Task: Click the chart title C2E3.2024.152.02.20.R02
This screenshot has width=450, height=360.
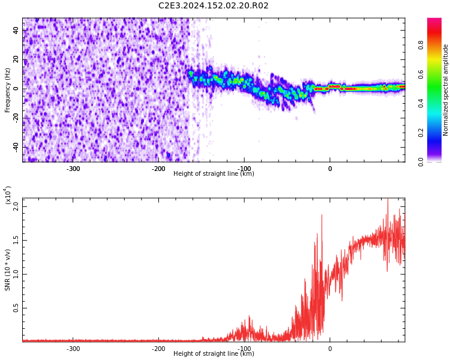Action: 213,6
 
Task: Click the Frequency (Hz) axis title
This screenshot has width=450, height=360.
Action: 8,90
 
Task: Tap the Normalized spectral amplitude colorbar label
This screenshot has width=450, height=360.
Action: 445,90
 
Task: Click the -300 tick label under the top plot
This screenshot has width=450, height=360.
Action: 73,169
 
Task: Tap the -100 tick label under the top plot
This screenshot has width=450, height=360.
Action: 244,169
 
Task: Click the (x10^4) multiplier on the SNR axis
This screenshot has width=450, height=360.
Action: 8,195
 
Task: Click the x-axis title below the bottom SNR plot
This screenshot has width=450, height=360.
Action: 214,354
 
